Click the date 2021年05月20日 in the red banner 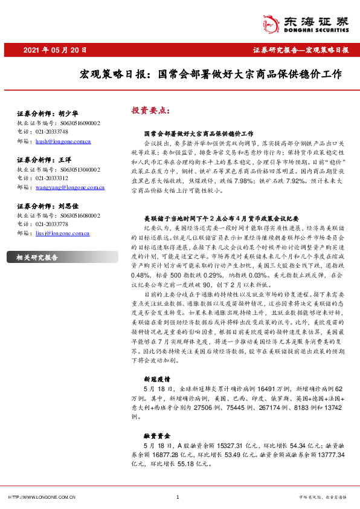point(55,50)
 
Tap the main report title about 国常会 point(211,76)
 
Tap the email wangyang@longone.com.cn point(71,187)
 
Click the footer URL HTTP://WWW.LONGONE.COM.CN point(42,497)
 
